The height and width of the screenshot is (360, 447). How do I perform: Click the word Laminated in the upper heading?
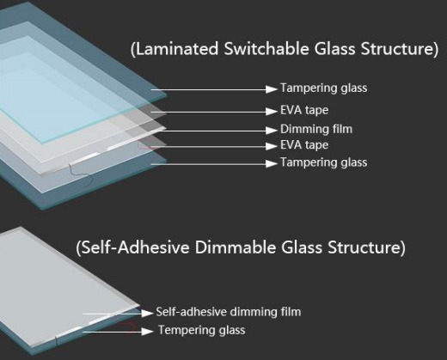coord(177,49)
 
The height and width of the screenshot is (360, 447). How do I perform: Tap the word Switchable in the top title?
coord(266,49)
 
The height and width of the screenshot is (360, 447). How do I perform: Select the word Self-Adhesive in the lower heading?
coord(135,247)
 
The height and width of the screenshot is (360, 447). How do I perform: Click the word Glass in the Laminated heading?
coord(334,49)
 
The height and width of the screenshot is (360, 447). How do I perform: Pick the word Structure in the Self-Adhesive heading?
coord(364,247)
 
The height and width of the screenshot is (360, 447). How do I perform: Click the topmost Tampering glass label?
coord(324,88)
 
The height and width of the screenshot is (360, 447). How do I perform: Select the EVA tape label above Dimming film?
coord(304,110)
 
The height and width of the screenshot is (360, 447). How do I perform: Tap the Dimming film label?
coord(316,129)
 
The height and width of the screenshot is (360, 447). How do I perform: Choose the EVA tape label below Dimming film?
coord(304,145)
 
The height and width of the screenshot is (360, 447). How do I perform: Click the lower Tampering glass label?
coord(324,162)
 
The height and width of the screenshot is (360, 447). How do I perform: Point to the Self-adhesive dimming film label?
coord(229,312)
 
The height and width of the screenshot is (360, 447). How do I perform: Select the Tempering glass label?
coord(202,330)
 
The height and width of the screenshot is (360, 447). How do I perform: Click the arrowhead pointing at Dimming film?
coord(272,131)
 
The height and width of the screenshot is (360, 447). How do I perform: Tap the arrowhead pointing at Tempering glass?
coord(147,332)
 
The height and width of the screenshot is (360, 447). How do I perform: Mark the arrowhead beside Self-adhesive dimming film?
coord(147,313)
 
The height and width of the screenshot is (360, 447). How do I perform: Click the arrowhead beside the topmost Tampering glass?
coord(272,89)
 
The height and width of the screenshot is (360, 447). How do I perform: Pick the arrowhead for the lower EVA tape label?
coord(272,146)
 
